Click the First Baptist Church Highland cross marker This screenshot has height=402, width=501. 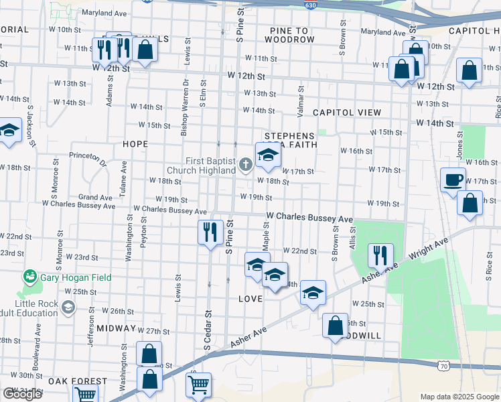[246, 163]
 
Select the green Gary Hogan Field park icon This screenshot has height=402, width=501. [30, 276]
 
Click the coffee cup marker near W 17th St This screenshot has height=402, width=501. [453, 180]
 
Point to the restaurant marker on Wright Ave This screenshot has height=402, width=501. [380, 255]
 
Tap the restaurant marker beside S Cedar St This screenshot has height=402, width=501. [210, 232]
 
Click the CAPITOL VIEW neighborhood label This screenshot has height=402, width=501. [347, 113]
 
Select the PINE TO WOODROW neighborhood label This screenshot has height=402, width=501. [289, 36]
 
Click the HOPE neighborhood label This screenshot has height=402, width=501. [135, 144]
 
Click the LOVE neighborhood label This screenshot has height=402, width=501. [250, 297]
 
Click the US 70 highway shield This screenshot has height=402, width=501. [443, 365]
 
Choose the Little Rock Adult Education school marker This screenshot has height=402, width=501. [68, 307]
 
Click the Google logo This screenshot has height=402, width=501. [22, 394]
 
